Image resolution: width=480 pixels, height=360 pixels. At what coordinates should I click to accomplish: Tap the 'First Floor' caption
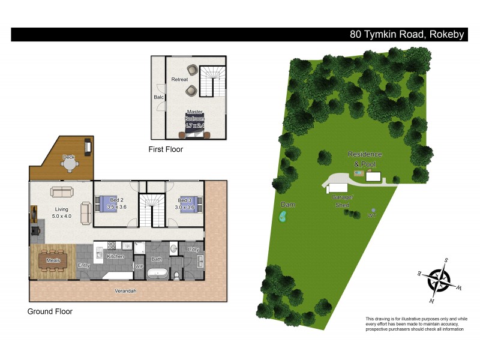(x=166, y=149)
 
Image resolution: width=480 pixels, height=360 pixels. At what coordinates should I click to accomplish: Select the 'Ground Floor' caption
(x=50, y=311)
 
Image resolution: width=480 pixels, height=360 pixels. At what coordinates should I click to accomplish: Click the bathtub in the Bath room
(x=157, y=274)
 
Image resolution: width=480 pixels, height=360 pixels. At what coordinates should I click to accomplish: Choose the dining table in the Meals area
(x=53, y=261)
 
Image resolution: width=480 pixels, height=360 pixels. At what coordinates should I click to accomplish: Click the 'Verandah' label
(x=126, y=291)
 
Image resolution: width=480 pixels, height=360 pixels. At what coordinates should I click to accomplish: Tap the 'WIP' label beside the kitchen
(x=139, y=266)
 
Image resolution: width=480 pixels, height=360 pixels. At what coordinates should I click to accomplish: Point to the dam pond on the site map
(x=283, y=217)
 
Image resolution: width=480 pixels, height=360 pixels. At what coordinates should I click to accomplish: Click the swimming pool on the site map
(x=358, y=174)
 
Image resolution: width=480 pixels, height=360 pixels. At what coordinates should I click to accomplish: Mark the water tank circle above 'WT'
(x=373, y=209)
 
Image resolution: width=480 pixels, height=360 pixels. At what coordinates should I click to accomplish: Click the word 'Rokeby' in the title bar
(x=446, y=34)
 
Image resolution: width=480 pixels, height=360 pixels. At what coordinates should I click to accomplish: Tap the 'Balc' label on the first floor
(x=158, y=97)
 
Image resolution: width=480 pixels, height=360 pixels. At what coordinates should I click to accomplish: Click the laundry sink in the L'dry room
(x=199, y=259)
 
